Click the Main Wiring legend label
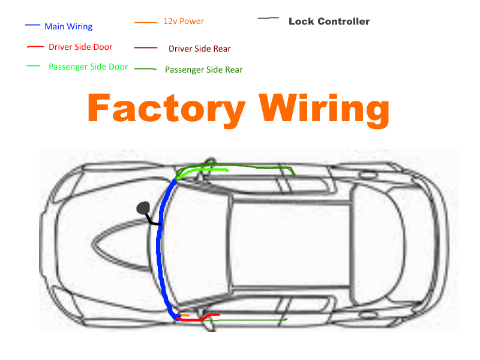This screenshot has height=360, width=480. pos(68,27)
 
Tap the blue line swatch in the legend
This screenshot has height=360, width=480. pos(32,26)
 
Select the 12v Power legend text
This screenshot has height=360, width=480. pos(184,21)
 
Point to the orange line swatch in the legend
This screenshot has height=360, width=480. pos(146,23)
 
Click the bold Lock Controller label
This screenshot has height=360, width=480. pos(329,22)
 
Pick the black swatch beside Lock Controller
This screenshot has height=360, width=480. pos(268,19)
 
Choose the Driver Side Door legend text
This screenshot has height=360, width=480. pos(80,47)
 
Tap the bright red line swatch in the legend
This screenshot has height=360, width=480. pos(35,46)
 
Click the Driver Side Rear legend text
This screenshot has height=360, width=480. pos(200,49)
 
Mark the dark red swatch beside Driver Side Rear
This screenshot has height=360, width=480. pos(146,47)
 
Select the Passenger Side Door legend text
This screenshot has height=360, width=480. pos(88,67)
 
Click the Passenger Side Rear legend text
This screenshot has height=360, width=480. pos(204,70)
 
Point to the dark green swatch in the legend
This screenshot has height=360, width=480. pos(146,68)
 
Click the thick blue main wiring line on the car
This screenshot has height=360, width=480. pos(160,252)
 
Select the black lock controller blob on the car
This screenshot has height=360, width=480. pos(143,208)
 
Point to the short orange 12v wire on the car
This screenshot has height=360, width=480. pos(185,315)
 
